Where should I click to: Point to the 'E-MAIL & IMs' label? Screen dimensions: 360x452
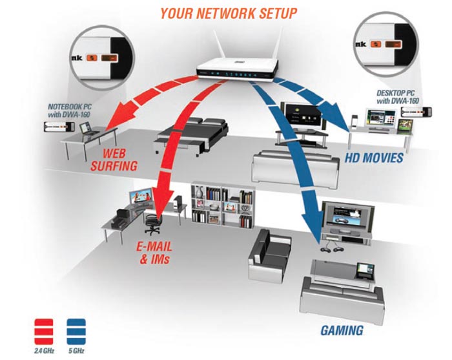click(x=158, y=254)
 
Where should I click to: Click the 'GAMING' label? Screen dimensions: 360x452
click(x=342, y=331)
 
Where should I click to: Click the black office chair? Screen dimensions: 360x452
click(x=152, y=222)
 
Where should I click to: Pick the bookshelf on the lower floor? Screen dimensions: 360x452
click(x=223, y=205)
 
